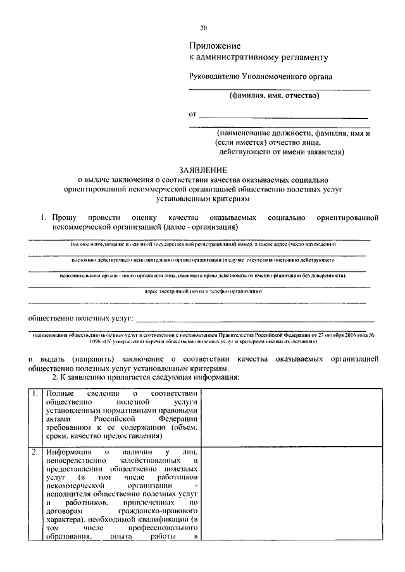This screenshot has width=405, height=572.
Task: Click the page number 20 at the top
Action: coord(202,28)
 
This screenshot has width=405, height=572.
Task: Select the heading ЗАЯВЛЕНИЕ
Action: coord(202,170)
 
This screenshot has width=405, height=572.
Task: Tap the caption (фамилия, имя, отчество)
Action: coord(274,96)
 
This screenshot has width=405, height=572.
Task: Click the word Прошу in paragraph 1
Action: coord(64,217)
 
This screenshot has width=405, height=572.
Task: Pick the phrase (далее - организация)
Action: coord(200,227)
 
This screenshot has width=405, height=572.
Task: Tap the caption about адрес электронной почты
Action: coord(203,291)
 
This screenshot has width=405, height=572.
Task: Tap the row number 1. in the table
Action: coord(35,395)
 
